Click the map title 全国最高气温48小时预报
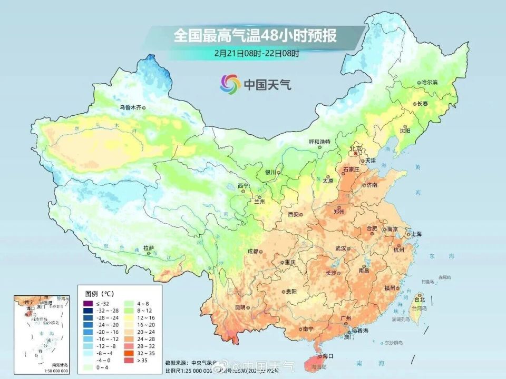click(255, 36)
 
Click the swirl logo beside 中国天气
click(230, 83)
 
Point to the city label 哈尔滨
click(430, 83)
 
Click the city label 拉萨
click(148, 247)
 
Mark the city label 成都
click(252, 251)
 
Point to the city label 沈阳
click(405, 130)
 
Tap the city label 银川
click(270, 172)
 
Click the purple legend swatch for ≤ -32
click(87, 304)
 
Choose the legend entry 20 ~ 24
click(143, 332)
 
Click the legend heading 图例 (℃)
click(100, 293)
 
